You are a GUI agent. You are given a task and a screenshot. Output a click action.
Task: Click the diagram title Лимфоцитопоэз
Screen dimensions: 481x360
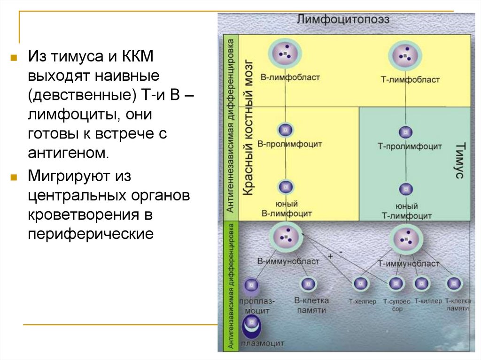342,20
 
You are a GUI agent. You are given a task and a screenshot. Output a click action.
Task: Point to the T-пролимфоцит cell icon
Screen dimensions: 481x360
405,131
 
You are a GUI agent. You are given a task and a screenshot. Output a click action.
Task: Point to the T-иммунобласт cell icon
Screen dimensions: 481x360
405,239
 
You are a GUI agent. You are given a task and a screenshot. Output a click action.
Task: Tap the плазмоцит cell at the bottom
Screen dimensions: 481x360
252,324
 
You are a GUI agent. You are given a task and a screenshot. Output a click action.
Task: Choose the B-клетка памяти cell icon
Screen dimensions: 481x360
308,283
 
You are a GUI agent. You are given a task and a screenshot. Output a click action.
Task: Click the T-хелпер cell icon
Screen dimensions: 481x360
361,283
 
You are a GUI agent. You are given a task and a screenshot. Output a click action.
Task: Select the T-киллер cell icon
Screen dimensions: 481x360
421,283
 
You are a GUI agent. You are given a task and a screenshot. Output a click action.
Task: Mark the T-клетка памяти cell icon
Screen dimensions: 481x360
453,283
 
